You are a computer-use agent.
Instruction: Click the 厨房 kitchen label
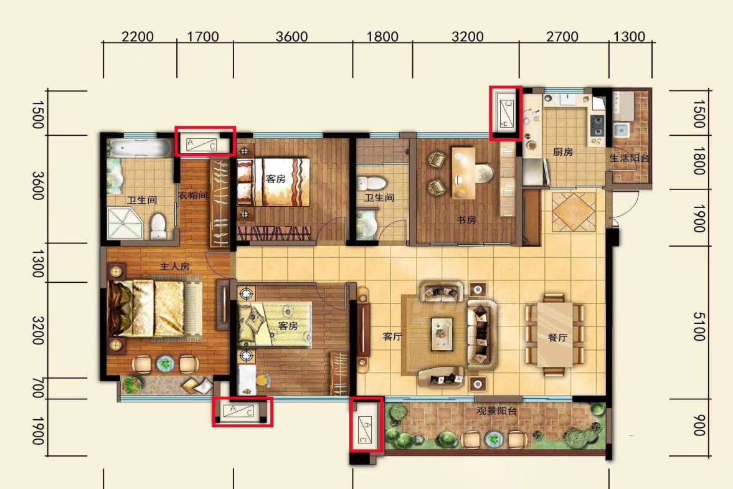click(562, 152)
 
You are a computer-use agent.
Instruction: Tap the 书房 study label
click(466, 220)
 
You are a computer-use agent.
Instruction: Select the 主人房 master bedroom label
click(175, 267)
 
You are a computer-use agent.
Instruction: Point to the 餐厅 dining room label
click(557, 338)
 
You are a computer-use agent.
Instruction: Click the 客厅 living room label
click(392, 336)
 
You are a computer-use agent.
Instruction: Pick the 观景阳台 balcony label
click(496, 411)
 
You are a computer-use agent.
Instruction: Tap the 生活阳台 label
click(630, 158)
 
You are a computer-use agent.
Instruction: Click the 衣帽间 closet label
click(192, 195)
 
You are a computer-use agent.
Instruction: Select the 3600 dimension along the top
click(291, 37)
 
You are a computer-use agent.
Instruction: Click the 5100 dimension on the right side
click(698, 327)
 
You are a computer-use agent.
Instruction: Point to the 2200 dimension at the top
click(138, 37)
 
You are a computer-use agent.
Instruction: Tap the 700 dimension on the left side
click(39, 388)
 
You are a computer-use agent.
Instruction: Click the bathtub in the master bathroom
click(140, 148)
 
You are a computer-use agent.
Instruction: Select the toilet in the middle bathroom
click(371, 183)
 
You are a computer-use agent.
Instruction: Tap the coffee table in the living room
click(442, 333)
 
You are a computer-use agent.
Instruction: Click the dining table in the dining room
click(554, 335)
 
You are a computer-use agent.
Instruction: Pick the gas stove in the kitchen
click(597, 129)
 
